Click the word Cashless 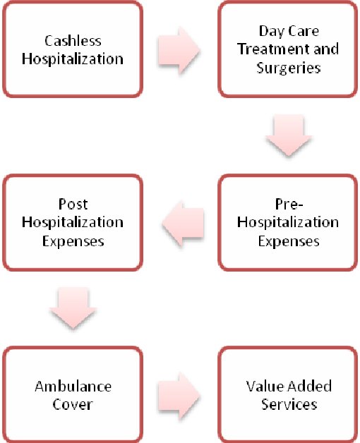click(x=73, y=41)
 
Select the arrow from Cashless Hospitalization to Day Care click(x=179, y=50)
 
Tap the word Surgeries click(x=289, y=68)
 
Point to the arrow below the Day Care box click(x=289, y=135)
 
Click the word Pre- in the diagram click(x=289, y=204)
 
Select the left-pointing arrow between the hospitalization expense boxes click(x=183, y=223)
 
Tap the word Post click(x=73, y=204)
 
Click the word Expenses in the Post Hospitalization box click(x=73, y=241)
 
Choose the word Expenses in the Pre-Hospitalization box click(x=289, y=241)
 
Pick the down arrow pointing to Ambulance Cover click(x=73, y=308)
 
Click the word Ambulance click(x=73, y=386)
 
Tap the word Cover click(x=73, y=404)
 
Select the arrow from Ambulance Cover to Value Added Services click(x=179, y=396)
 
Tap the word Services click(x=289, y=404)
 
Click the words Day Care click(x=289, y=31)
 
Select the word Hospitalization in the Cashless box click(x=73, y=60)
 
